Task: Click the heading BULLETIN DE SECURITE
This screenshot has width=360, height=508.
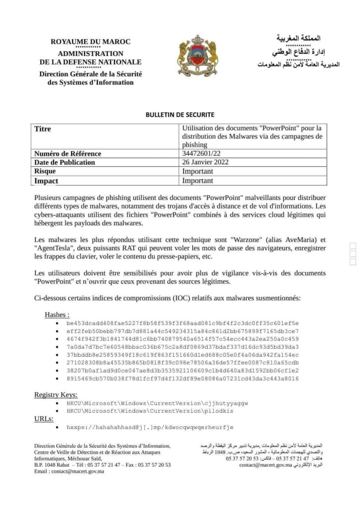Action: point(180,115)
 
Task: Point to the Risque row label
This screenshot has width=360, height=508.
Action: point(45,171)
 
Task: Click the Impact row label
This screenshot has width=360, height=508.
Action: point(46,181)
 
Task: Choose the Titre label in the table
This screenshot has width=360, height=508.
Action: point(43,129)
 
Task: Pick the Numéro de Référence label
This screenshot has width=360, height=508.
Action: point(67,153)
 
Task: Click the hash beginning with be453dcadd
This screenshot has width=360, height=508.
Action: point(182,323)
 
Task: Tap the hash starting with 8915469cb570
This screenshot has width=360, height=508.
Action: point(182,379)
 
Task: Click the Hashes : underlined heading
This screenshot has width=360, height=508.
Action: point(57,315)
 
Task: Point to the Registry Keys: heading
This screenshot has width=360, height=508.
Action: point(56,394)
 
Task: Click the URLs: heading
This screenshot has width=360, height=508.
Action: point(44,419)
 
